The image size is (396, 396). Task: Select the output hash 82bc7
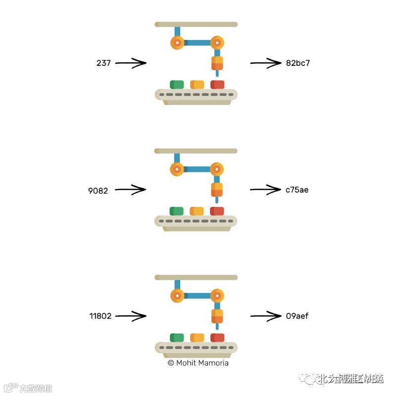(x=298, y=63)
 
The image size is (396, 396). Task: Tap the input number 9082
(x=98, y=190)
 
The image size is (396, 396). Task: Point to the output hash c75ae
(x=297, y=190)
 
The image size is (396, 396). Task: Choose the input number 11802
(x=100, y=316)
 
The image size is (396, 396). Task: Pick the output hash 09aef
(x=297, y=316)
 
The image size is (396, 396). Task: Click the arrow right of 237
(x=132, y=63)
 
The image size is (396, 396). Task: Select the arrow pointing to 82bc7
(x=265, y=63)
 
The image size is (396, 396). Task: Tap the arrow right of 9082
(x=131, y=189)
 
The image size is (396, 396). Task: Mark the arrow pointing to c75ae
(x=265, y=189)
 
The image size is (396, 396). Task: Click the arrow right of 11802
(x=131, y=316)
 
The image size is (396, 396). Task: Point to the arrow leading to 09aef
(x=265, y=316)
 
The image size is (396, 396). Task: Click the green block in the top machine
(x=177, y=85)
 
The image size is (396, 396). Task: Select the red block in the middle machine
(x=217, y=211)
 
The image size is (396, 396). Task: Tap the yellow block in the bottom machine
(x=197, y=338)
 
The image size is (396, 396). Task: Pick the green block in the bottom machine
(x=177, y=338)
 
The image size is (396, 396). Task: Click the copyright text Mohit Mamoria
(x=198, y=363)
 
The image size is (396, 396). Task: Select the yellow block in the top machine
(x=197, y=85)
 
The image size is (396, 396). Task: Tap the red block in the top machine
(x=217, y=85)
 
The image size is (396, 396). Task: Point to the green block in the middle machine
(x=176, y=211)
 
